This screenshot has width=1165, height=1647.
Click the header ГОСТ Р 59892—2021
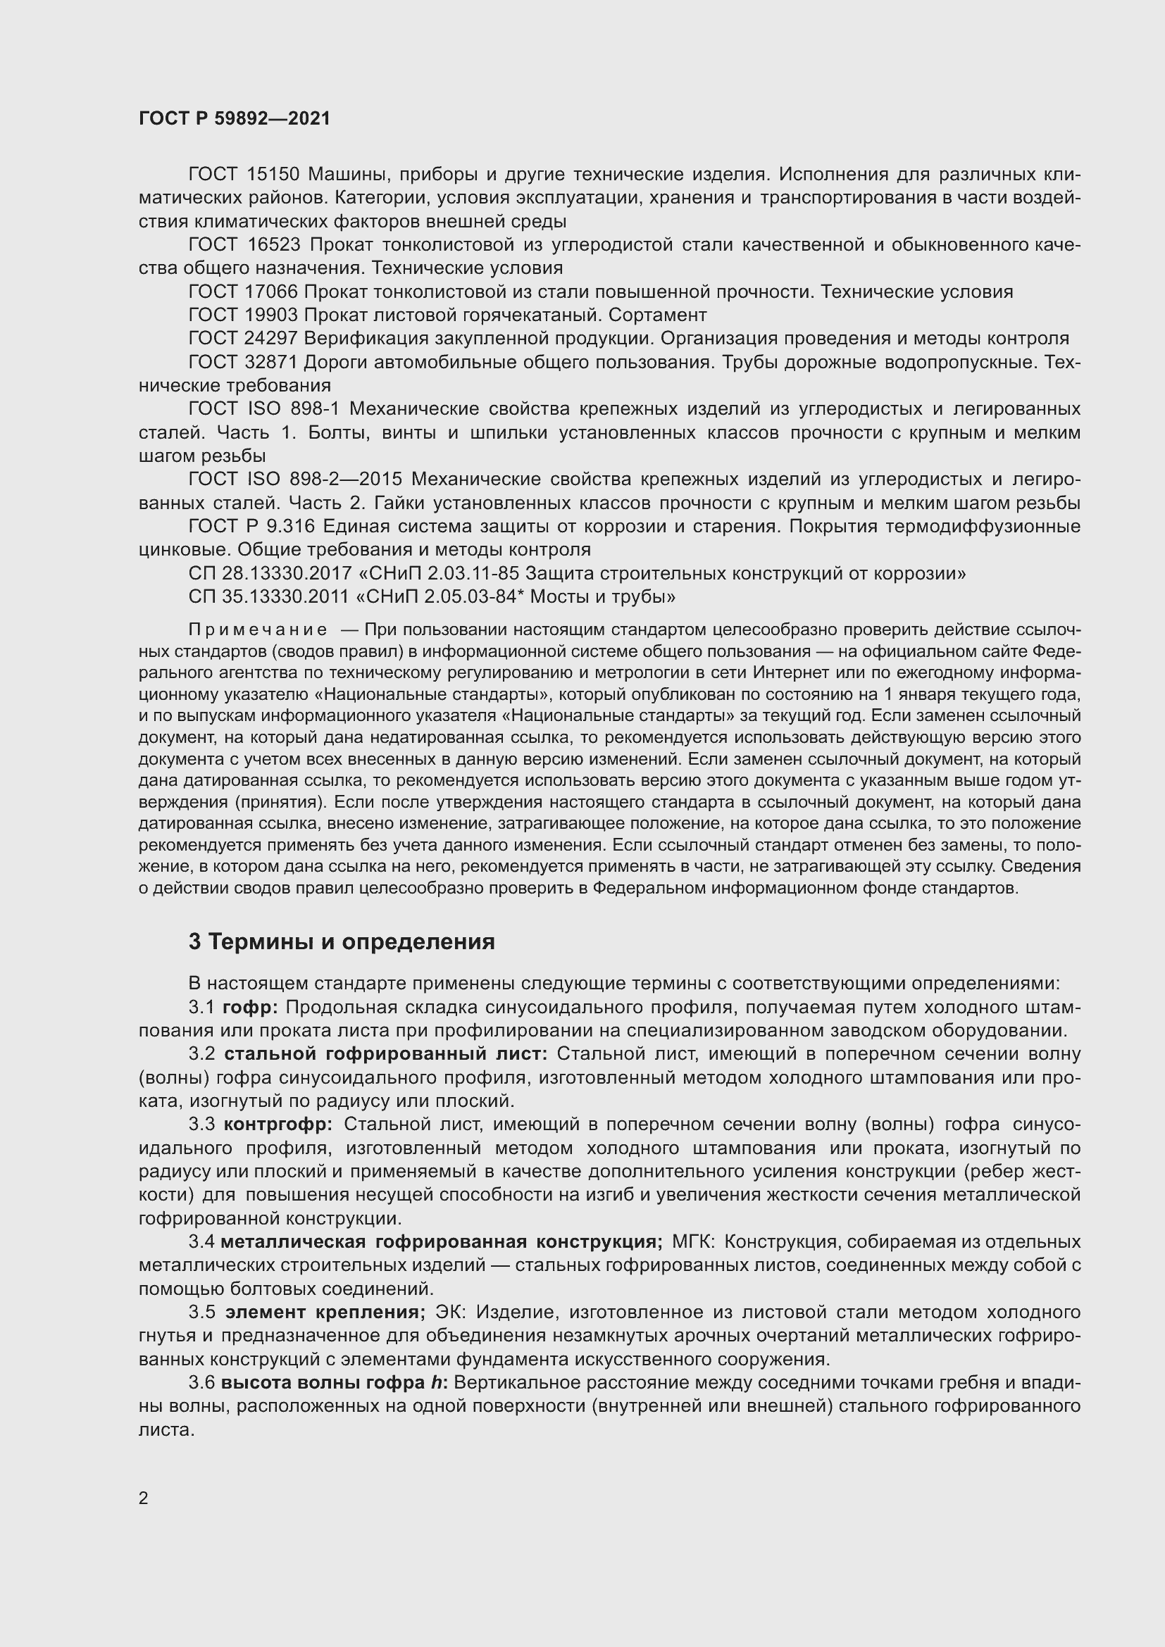pyautogui.click(x=235, y=118)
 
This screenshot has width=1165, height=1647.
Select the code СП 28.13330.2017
pyautogui.click(x=270, y=573)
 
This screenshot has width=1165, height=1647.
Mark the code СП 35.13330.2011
pyautogui.click(x=270, y=597)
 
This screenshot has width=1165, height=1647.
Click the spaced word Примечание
pyautogui.click(x=258, y=630)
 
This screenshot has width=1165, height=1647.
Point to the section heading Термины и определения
pyautogui.click(x=351, y=942)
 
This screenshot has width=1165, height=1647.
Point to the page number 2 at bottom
pyautogui.click(x=144, y=1498)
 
